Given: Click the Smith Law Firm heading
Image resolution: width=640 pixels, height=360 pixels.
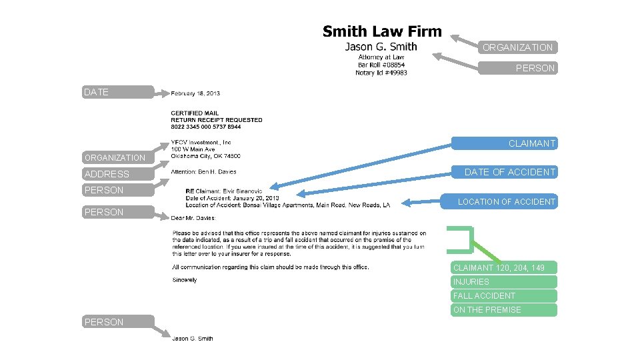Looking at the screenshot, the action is [382, 31].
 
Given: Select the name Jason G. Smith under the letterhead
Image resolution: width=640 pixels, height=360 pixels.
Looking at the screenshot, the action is [381, 47].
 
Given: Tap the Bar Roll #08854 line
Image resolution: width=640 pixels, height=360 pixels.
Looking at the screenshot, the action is [381, 65].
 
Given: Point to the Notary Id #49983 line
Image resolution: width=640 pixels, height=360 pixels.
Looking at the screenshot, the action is [381, 73].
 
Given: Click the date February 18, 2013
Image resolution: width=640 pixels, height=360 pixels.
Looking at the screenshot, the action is [195, 93].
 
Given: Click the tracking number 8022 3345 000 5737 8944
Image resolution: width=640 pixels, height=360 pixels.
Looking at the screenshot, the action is [206, 127].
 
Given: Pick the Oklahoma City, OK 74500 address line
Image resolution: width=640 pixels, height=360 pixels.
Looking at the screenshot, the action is [205, 157].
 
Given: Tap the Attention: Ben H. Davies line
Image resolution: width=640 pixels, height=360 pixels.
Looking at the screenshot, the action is [203, 172].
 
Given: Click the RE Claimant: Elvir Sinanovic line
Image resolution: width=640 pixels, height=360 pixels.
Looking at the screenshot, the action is [224, 191].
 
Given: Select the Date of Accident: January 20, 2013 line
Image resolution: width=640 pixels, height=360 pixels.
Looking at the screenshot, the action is [233, 198].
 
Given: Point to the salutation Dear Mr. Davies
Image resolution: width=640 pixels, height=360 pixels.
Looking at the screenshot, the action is [193, 218].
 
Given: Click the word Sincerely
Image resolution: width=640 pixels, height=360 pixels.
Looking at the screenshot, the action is [184, 280].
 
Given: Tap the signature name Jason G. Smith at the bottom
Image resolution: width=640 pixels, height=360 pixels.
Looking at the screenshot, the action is [193, 339].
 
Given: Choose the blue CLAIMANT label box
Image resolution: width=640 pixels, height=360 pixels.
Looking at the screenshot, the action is [504, 143].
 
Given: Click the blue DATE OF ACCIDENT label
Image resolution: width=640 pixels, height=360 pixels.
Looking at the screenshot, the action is [504, 172].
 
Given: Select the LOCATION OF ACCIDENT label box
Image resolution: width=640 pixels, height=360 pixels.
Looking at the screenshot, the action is [504, 201].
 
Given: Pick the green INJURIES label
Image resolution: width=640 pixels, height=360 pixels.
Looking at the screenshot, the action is [503, 281].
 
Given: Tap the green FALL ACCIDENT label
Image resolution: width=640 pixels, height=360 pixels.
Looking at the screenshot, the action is [503, 295].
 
